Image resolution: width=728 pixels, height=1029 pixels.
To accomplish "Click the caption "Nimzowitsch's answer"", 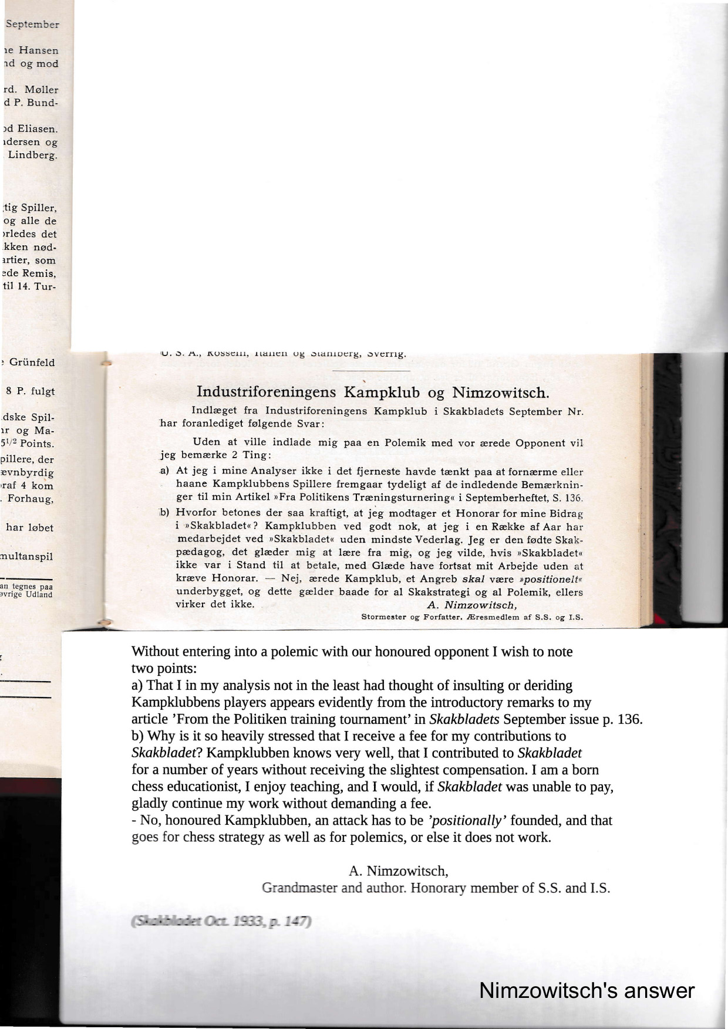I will point(587,990).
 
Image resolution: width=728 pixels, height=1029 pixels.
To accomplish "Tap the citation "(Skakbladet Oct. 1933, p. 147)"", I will point(220,921).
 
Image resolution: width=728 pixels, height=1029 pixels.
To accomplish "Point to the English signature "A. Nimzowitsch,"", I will point(399,871).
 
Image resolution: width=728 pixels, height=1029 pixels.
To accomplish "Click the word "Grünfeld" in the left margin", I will point(32,363).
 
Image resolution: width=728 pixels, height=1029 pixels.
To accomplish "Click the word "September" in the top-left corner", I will point(32,25).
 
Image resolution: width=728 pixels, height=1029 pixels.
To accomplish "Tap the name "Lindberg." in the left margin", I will point(33,155).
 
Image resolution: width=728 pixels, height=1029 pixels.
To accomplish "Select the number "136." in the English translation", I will point(632,719).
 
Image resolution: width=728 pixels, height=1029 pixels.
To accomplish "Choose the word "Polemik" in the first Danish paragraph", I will point(405,443).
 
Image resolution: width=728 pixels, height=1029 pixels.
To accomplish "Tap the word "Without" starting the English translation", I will point(153,652).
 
